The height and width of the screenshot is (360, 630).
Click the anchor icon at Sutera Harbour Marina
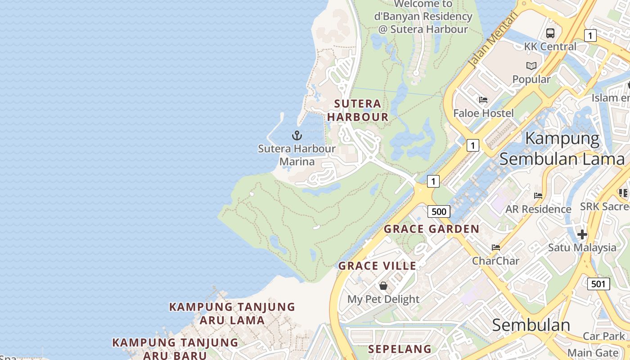pyautogui.click(x=297, y=135)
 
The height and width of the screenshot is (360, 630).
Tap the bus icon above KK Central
pyautogui.click(x=550, y=33)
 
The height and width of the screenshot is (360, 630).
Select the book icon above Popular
pyautogui.click(x=531, y=66)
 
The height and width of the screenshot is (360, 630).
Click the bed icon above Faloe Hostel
pyautogui.click(x=483, y=100)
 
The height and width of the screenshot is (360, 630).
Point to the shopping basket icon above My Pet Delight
pyautogui.click(x=383, y=286)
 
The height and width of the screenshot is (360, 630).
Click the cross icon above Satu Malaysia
pyautogui.click(x=582, y=234)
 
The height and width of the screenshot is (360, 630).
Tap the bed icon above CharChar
pyautogui.click(x=496, y=247)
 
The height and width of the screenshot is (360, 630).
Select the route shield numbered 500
pyautogui.click(x=439, y=211)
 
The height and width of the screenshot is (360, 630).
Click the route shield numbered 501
pyautogui.click(x=598, y=284)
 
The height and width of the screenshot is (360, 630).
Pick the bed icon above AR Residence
pyautogui.click(x=538, y=196)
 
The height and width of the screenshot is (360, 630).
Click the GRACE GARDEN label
pyautogui.click(x=432, y=229)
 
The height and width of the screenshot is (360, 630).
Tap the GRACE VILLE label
pyautogui.click(x=378, y=266)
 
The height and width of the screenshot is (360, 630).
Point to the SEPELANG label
pyautogui.click(x=400, y=349)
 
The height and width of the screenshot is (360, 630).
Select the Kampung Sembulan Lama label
pyautogui.click(x=562, y=148)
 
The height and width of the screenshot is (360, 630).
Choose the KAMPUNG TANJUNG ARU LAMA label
pyautogui.click(x=232, y=314)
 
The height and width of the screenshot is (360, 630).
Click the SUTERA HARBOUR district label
pyautogui.click(x=358, y=110)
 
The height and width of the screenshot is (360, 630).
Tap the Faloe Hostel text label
pyautogui.click(x=483, y=113)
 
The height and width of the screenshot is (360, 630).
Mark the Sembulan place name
pyautogui.click(x=531, y=325)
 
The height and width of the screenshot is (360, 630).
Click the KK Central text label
pyautogui.click(x=550, y=46)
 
